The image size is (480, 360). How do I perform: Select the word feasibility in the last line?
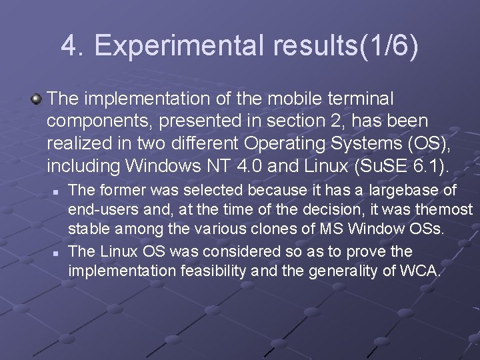(x=219, y=271)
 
